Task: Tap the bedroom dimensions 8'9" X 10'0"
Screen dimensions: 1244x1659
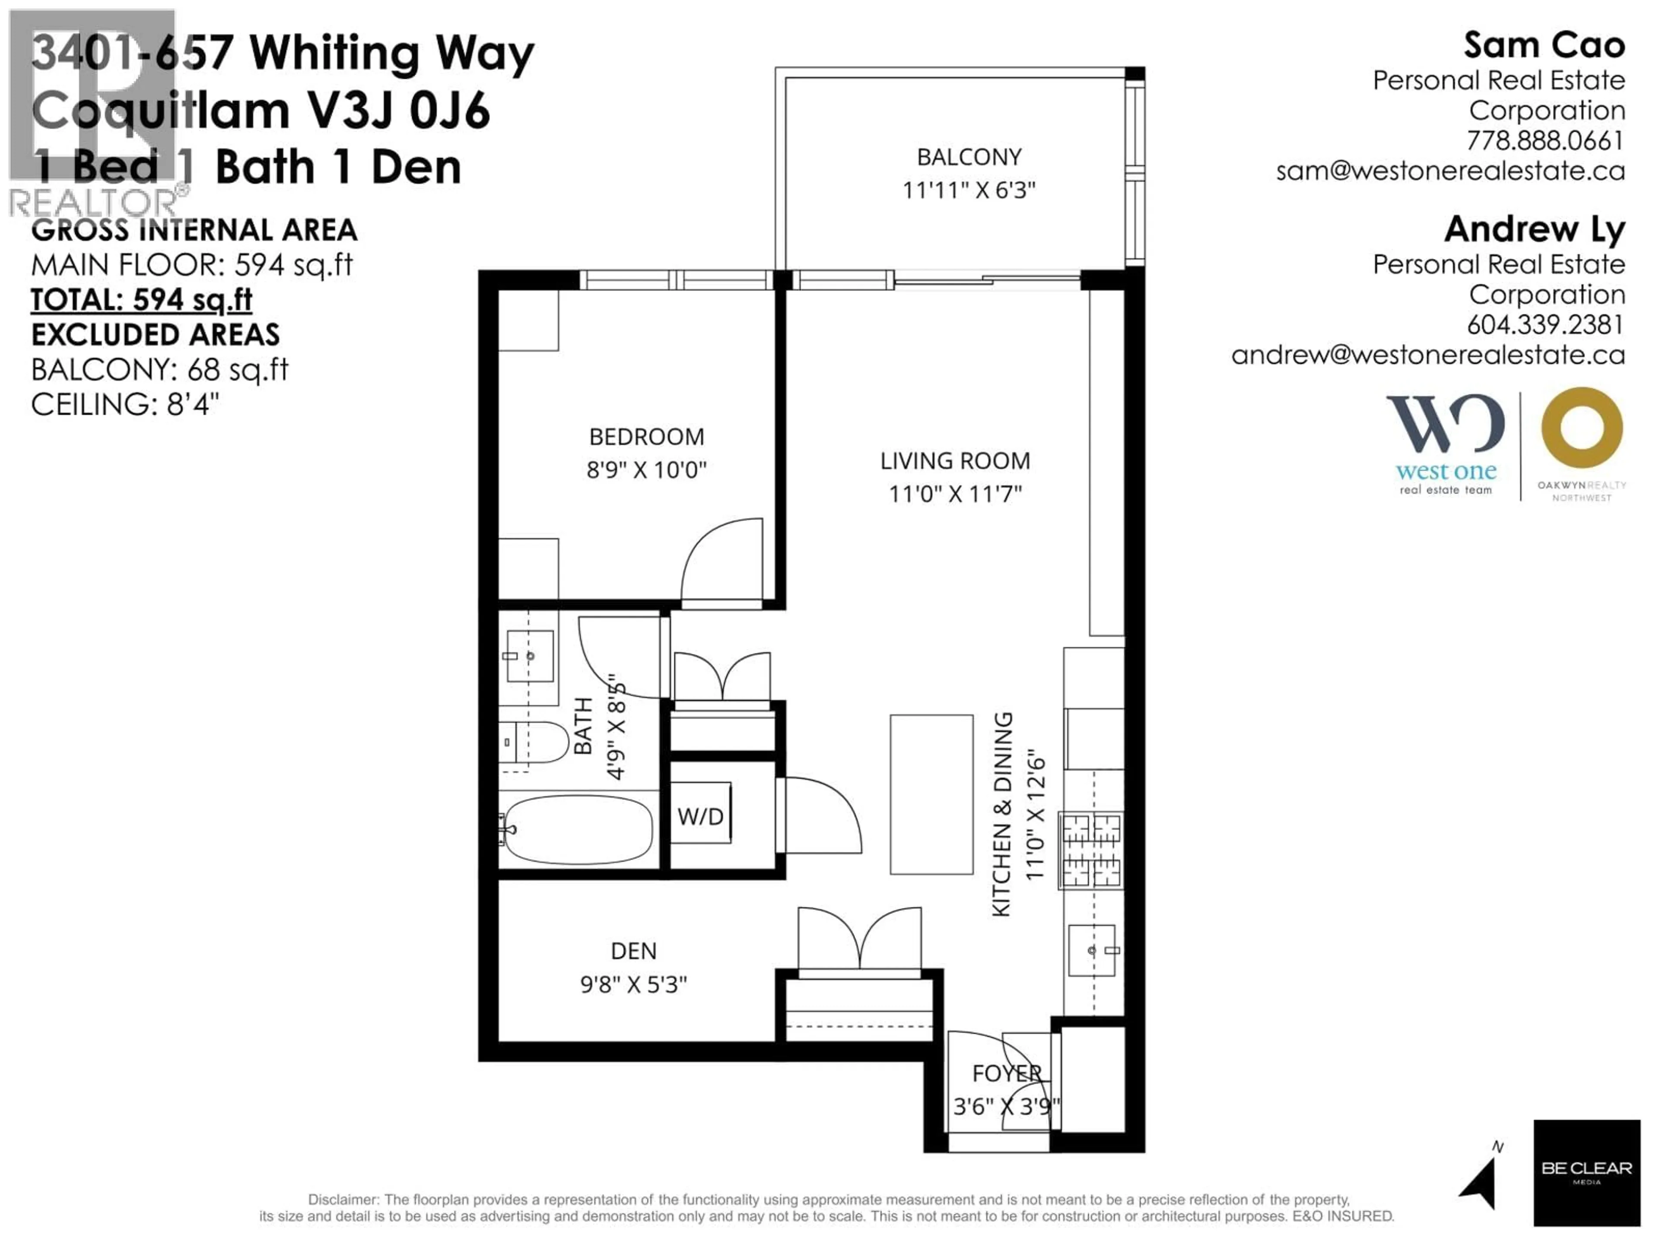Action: [646, 470]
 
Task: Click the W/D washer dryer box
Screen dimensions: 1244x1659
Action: [700, 816]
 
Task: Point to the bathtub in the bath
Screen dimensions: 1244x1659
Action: [578, 829]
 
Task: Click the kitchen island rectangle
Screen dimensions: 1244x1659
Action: [931, 794]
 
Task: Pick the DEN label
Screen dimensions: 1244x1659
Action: [634, 951]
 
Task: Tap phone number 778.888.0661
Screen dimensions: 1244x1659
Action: [1545, 141]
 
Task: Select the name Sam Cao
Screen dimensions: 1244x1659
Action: [1544, 46]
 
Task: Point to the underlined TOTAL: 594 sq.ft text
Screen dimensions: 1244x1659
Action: [142, 300]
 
